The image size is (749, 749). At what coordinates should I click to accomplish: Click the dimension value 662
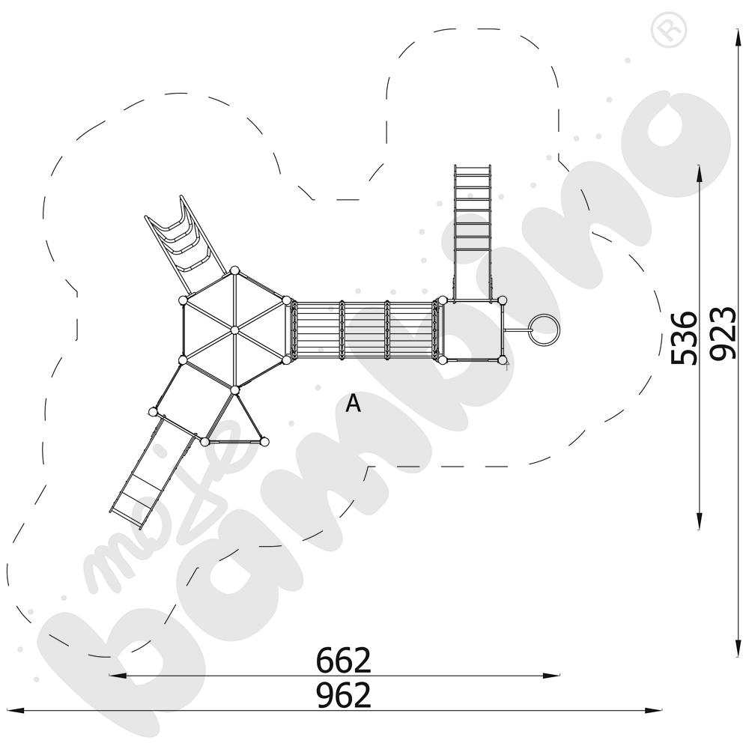pyautogui.click(x=343, y=660)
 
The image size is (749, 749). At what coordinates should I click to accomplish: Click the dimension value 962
pyautogui.click(x=343, y=695)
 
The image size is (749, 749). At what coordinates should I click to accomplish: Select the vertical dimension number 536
pyautogui.click(x=684, y=338)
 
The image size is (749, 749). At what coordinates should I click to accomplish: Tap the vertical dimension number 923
pyautogui.click(x=722, y=333)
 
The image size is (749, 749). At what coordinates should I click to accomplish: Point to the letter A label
pyautogui.click(x=353, y=404)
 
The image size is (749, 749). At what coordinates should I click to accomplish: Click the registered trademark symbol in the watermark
pyautogui.click(x=671, y=31)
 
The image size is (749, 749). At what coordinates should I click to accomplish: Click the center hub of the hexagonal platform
pyautogui.click(x=234, y=330)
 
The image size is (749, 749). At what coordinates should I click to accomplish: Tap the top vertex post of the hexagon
pyautogui.click(x=234, y=271)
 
